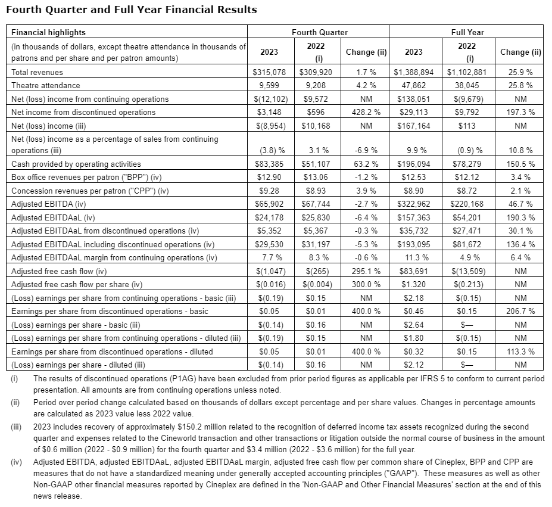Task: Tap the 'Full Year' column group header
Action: click(467, 32)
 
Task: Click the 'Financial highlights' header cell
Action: click(48, 32)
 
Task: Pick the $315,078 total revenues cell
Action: click(270, 72)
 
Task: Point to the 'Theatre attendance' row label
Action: click(46, 85)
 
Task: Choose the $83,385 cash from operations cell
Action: click(270, 164)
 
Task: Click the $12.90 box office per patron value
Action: click(270, 178)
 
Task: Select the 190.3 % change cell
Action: click(520, 217)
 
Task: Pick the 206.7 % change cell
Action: click(520, 311)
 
